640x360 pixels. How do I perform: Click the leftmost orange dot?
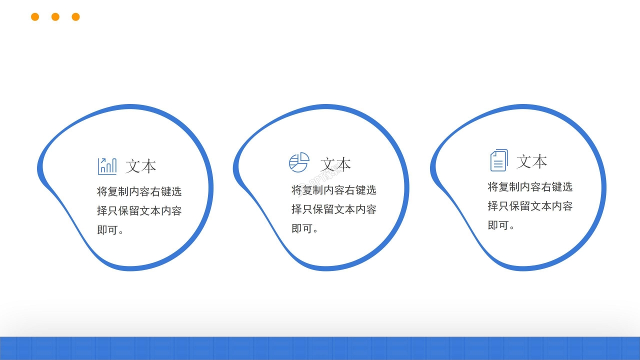(35, 17)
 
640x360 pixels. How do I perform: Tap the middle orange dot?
(55, 17)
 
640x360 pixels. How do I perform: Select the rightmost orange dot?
(76, 17)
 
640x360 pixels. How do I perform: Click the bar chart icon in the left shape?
(107, 166)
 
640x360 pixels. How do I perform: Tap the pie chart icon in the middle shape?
(299, 163)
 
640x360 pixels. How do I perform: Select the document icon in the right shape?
(498, 160)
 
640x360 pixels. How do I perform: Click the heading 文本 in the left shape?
(141, 166)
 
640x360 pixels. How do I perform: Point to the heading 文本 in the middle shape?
(335, 164)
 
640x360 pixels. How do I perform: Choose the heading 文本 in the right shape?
(532, 161)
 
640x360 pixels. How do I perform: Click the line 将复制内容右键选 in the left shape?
(139, 191)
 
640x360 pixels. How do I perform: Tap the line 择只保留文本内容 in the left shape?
(139, 210)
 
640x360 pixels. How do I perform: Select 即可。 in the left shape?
(110, 230)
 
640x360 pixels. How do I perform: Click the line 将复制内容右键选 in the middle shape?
(333, 190)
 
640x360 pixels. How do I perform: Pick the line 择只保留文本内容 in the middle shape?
(333, 209)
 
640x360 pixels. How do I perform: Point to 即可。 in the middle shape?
(305, 228)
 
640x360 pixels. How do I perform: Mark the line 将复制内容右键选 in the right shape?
(530, 187)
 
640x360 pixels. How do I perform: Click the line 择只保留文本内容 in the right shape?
(530, 205)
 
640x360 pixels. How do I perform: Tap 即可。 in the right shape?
(501, 225)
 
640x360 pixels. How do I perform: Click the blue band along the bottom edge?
(320, 348)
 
